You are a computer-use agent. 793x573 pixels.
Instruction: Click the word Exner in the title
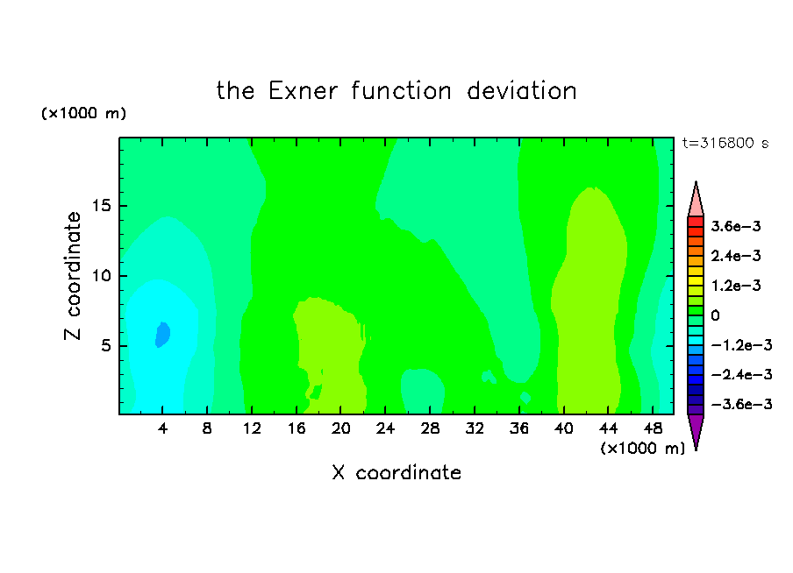pos(303,91)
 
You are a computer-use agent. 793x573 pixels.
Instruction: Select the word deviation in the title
pos(521,91)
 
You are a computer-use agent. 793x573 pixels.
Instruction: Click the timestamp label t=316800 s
pos(725,143)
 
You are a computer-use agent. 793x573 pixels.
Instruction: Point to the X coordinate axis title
pos(396,472)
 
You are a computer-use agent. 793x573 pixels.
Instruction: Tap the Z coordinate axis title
pos(73,276)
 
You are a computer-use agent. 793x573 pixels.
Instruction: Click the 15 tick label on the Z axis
pos(101,206)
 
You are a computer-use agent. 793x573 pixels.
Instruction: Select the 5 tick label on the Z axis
pos(105,345)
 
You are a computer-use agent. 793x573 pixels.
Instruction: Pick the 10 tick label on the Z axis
pos(101,276)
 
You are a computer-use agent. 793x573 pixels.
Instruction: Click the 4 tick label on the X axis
pos(162,428)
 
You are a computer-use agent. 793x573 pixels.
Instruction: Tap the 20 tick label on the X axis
pos(340,428)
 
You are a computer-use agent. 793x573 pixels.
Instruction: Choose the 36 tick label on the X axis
pos(519,428)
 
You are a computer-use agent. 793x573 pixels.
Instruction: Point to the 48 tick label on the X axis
pos(653,428)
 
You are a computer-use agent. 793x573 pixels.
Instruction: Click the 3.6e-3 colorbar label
pos(735,226)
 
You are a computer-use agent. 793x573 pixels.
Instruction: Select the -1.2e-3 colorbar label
pos(741,345)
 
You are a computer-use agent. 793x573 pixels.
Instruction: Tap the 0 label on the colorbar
pos(715,315)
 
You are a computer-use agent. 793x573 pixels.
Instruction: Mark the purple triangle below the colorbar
pos(696,430)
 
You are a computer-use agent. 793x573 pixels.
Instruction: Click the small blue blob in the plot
pos(162,335)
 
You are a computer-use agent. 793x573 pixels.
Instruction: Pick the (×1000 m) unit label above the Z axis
pos(83,113)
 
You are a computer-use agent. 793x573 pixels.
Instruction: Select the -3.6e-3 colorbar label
pos(741,404)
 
